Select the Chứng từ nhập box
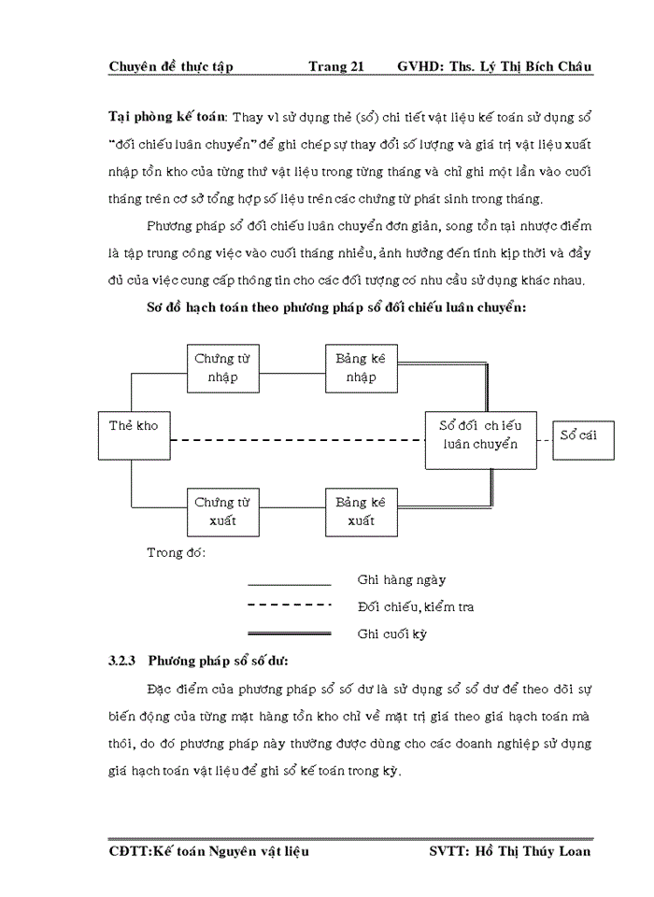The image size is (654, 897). pos(222,368)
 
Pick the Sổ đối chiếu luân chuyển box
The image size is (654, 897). pos(480,434)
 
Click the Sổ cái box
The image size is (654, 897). pos(582,435)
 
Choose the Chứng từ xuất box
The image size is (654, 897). pos(222,511)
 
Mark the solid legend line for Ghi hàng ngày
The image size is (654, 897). pos(289,585)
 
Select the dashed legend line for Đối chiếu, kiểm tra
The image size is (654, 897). pos(289,605)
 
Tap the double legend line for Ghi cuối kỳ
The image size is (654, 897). pos(289,633)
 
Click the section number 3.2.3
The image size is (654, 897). pos(123,662)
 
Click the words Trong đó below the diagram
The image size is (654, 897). pos(176,552)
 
